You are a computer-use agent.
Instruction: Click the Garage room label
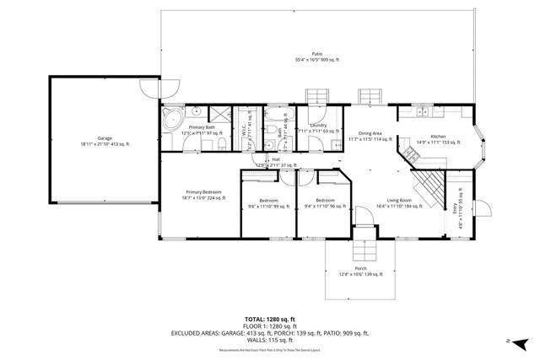coord(105,142)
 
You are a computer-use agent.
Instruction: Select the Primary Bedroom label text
coord(203,195)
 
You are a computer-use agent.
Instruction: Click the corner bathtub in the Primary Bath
coord(171,117)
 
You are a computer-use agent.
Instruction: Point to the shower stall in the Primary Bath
coord(221,116)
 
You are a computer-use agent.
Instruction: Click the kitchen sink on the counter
coord(421,111)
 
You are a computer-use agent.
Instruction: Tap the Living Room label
coord(392,202)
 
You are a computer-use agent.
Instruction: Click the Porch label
coord(360,271)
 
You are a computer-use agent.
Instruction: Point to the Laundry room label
coord(318,128)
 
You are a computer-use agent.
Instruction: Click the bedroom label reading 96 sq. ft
coord(325,203)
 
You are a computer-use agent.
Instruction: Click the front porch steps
coord(360,249)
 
